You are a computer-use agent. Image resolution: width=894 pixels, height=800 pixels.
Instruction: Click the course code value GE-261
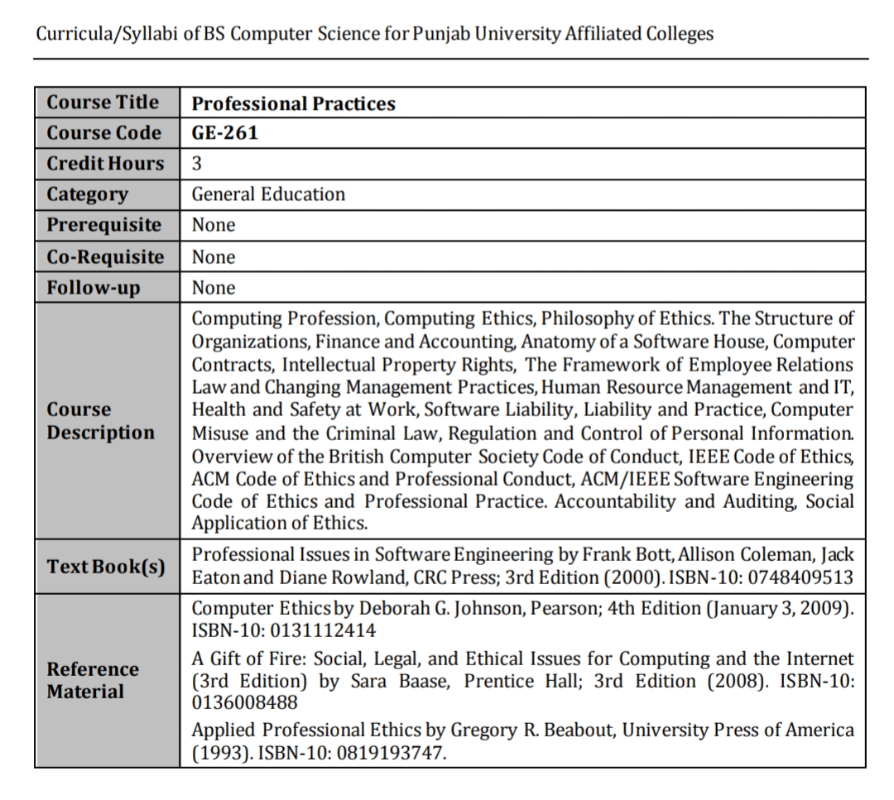click(225, 133)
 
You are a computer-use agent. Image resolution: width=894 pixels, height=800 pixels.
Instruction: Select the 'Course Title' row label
click(103, 103)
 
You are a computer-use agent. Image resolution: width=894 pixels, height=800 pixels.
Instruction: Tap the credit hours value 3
click(197, 164)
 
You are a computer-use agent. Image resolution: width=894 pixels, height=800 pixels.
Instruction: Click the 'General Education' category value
click(268, 194)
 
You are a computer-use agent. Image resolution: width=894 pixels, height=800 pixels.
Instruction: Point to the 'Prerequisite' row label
click(104, 225)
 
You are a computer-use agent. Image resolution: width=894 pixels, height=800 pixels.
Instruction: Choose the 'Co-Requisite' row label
click(105, 256)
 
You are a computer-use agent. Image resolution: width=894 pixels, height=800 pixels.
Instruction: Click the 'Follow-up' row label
click(94, 288)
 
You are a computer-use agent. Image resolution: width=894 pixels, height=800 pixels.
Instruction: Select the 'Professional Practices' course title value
click(294, 103)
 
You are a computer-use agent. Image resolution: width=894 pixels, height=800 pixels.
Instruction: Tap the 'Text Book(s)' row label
click(106, 567)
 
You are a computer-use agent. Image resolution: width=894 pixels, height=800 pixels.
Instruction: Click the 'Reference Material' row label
click(93, 680)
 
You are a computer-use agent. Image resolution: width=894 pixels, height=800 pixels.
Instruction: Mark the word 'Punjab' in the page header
click(448, 35)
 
